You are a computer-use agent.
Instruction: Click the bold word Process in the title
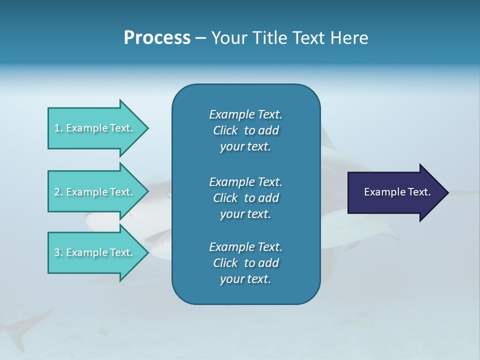coord(157,38)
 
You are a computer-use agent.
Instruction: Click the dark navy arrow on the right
coord(395,192)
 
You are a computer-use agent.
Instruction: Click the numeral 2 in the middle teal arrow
coord(57,192)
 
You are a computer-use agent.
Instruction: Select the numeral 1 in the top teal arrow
coord(57,128)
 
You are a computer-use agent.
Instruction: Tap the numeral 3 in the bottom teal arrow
coord(57,252)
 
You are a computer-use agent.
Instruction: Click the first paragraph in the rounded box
coord(245,130)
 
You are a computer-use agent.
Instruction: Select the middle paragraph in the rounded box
coord(245,198)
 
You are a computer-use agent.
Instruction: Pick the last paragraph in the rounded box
coord(245,263)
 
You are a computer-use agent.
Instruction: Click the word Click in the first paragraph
coord(225,130)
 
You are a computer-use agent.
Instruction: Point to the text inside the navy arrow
coord(397,192)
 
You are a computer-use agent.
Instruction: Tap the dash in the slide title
coord(200,38)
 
